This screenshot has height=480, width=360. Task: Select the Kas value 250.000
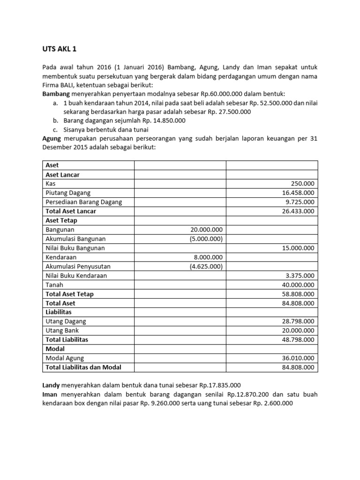pos(303,184)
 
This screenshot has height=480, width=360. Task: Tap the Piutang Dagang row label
pos(68,193)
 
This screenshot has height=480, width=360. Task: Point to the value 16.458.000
pos(298,193)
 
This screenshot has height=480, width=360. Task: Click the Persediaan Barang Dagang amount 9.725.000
pos(300,202)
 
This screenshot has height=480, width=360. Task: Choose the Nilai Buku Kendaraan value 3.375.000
pos(300,276)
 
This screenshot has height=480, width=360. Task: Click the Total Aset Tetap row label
pos(69,294)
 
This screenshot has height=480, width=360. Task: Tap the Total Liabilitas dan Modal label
pos(83,367)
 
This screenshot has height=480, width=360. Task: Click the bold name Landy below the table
pos(51,385)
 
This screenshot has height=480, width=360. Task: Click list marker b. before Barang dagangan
pos(55,120)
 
